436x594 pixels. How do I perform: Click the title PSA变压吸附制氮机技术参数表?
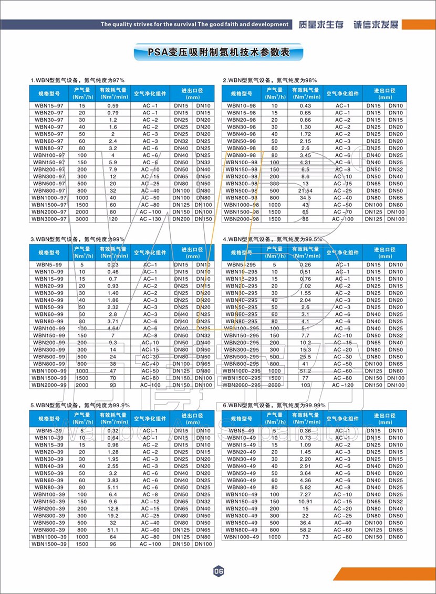(x=219, y=52)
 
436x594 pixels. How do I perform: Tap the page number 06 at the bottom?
(x=219, y=571)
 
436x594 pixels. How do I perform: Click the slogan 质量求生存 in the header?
(x=320, y=25)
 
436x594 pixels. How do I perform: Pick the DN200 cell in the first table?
(x=181, y=219)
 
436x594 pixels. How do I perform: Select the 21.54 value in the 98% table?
(x=305, y=190)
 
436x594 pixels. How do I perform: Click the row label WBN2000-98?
(x=242, y=219)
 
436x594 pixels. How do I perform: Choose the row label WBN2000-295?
(x=242, y=385)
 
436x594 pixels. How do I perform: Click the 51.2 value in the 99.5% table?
(x=305, y=370)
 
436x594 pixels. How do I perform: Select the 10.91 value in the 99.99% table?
(x=305, y=501)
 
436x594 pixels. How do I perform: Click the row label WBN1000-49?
(x=242, y=537)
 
